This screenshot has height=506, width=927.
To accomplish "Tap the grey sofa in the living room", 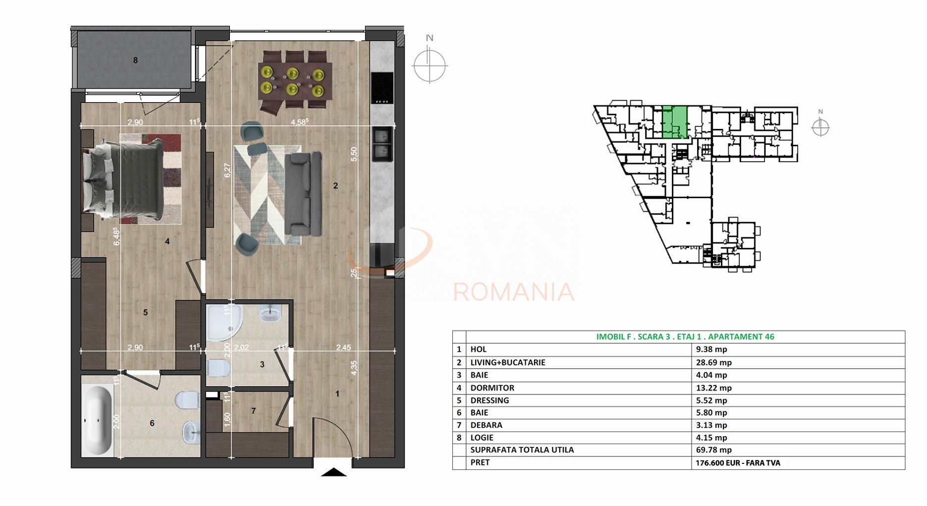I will tap(303, 194).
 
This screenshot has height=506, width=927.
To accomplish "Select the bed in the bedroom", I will tap(124, 179).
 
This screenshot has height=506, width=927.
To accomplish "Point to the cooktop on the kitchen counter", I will tap(382, 88).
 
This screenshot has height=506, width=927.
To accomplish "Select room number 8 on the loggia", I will tap(135, 60).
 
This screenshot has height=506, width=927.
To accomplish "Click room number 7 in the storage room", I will tap(254, 411).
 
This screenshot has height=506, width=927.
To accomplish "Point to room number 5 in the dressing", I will tap(145, 312).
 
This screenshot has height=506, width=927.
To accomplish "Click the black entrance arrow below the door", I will tap(333, 472).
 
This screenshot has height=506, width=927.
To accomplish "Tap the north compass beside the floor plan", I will tap(430, 64).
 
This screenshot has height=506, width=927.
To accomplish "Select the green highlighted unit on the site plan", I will tap(675, 121).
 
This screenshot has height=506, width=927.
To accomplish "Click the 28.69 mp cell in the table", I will tap(713, 362).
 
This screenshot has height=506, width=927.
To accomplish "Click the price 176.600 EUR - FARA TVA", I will tap(738, 463).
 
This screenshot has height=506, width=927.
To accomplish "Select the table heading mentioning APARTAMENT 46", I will tap(685, 337).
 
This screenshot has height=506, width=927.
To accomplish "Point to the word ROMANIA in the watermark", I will tap(513, 292).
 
